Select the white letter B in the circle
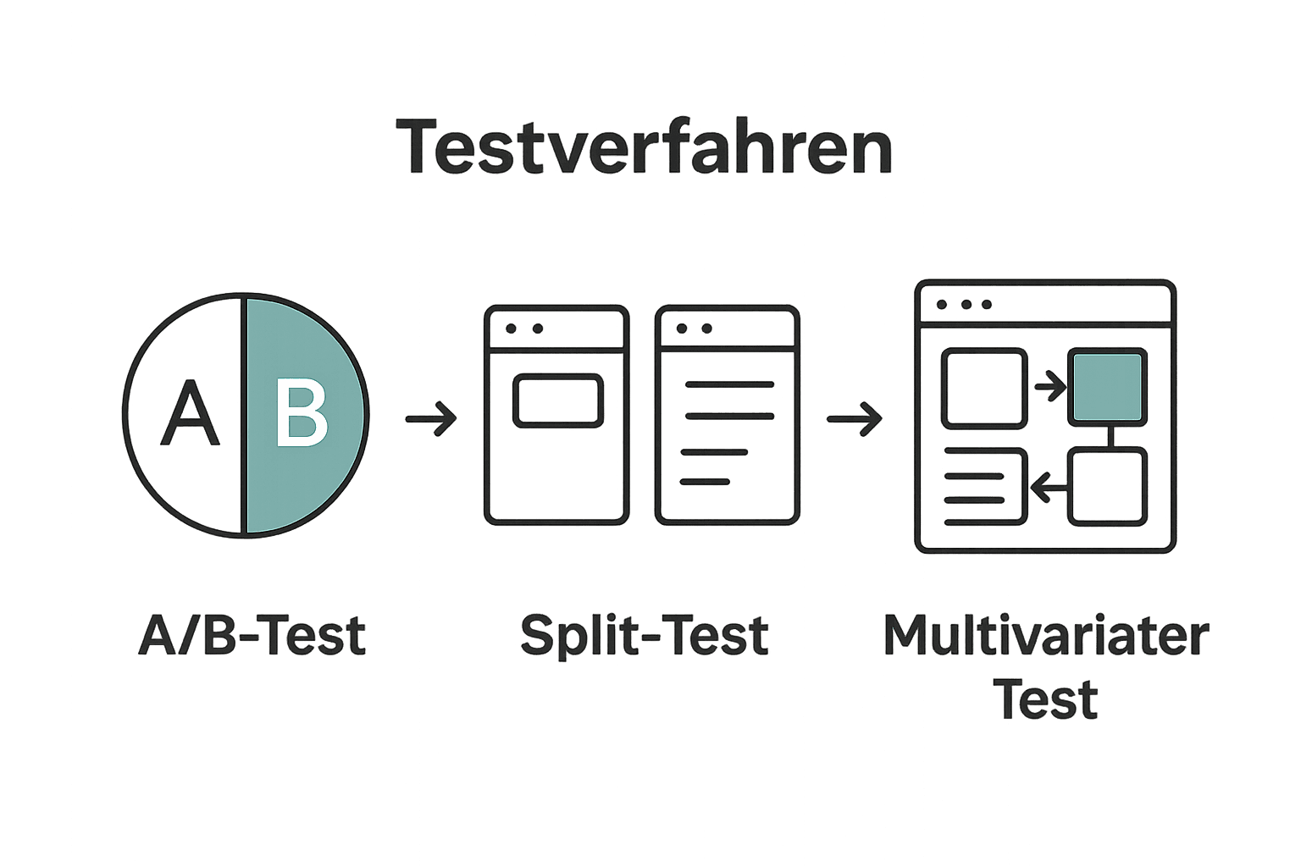(302, 413)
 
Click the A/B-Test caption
(252, 636)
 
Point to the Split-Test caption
(644, 636)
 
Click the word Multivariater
(1045, 636)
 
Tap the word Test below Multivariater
(1045, 700)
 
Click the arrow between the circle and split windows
(431, 418)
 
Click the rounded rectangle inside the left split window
(557, 400)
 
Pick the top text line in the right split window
(729, 384)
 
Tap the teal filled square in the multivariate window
(1107, 387)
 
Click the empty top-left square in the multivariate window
(984, 389)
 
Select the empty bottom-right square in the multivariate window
(1107, 487)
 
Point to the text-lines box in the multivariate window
(984, 487)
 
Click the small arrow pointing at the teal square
(1049, 387)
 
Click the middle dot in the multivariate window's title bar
(965, 304)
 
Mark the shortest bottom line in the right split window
(705, 482)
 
